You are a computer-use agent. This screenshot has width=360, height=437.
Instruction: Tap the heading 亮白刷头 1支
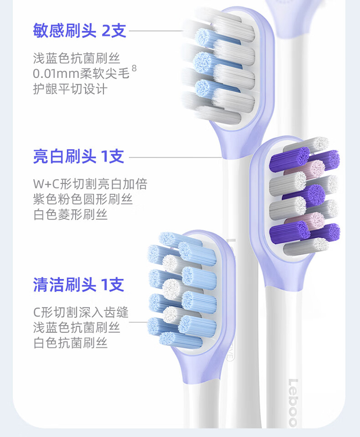click(x=79, y=156)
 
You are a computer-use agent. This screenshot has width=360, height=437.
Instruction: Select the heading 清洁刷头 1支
click(x=79, y=285)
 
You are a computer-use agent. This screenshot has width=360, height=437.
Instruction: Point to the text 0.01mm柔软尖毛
click(x=81, y=74)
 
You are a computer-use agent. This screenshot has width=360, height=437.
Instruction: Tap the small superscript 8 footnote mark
click(x=134, y=69)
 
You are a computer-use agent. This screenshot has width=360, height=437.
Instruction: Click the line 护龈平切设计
click(x=70, y=89)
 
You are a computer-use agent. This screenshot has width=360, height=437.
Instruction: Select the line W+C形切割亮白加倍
click(x=90, y=183)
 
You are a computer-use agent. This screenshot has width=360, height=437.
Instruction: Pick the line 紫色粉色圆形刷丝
click(x=83, y=199)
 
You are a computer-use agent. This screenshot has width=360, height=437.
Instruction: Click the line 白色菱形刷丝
click(x=70, y=214)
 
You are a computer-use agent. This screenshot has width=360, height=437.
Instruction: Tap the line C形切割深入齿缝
click(x=81, y=312)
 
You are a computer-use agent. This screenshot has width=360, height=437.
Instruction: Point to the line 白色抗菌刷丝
click(x=70, y=343)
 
